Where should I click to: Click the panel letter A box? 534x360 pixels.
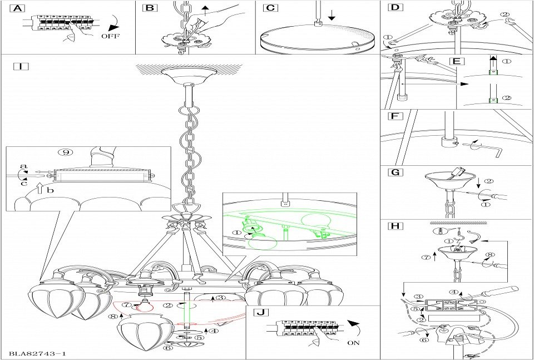[18, 8]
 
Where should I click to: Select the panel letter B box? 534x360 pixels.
[150, 8]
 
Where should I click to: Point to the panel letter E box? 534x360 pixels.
[454, 60]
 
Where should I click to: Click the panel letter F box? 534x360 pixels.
[394, 117]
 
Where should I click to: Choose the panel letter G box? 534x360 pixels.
[394, 172]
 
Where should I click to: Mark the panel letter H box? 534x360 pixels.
[394, 227]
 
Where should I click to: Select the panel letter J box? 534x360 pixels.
[260, 312]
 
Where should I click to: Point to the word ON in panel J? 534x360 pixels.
[353, 343]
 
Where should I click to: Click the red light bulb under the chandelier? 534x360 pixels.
[147, 305]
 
